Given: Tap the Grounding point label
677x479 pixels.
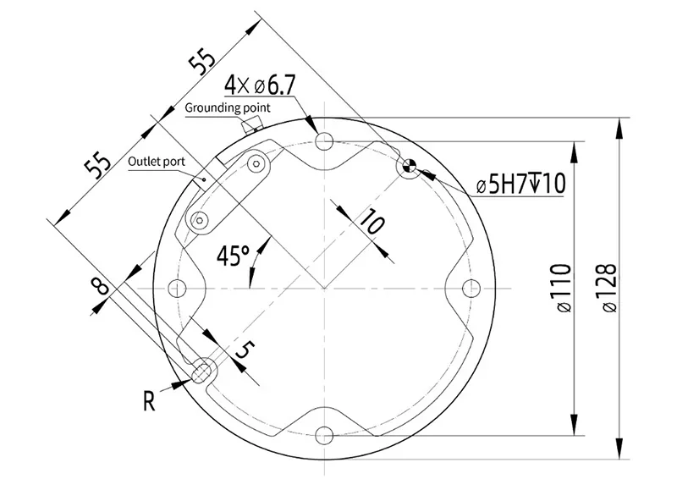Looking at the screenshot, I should (x=228, y=107).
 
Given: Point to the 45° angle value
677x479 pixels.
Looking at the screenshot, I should (x=233, y=255).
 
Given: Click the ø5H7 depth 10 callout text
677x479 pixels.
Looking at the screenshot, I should (x=521, y=184).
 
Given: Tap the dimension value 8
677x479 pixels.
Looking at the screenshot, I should (x=102, y=286).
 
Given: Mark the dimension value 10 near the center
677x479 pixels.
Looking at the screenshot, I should (x=371, y=223).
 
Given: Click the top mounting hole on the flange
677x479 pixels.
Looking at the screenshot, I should (x=323, y=140).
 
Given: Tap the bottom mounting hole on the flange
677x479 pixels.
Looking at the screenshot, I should (x=323, y=435).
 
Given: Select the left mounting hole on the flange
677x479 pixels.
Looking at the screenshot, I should (x=177, y=288).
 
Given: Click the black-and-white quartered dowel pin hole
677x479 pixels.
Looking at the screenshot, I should (x=410, y=166).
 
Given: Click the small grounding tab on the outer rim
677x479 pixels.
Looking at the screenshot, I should (x=250, y=125).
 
